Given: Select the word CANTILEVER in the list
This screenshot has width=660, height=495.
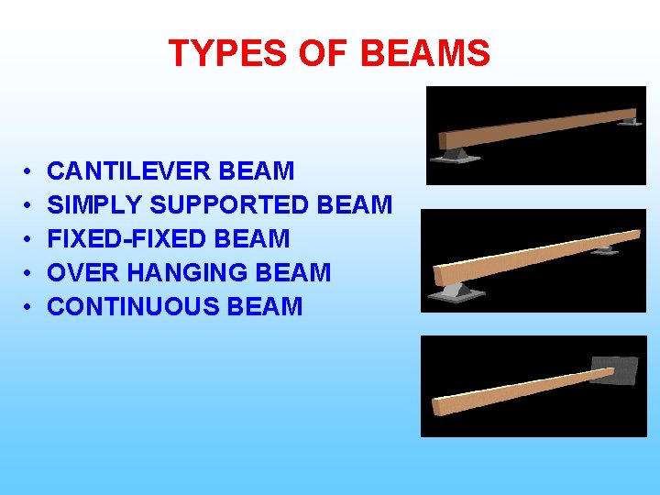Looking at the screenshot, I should pos(126,171).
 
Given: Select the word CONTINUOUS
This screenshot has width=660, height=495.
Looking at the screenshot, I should pos(130,307).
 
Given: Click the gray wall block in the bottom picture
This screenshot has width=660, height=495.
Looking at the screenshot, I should pos(614,369).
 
